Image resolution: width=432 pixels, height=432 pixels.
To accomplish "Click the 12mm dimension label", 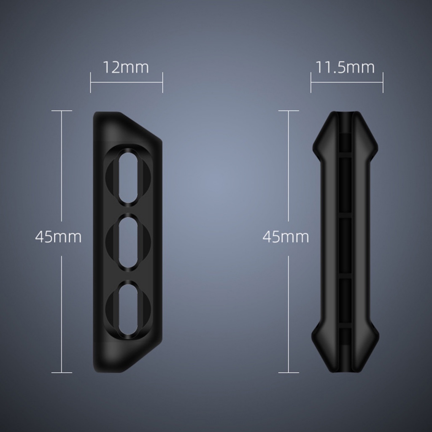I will (126, 67).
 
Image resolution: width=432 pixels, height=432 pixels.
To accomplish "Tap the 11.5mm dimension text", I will (346, 67).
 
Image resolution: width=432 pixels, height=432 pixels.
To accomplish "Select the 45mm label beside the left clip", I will (58, 237).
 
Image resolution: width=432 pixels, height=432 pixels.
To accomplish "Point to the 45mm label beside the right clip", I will (286, 237).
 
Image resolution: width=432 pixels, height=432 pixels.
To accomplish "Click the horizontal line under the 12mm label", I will (126, 82).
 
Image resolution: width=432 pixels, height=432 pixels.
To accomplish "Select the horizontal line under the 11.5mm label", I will (347, 82).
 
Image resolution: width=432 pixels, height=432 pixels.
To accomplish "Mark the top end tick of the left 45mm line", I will (62, 111).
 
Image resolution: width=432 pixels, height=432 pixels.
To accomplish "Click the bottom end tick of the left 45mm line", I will (62, 373).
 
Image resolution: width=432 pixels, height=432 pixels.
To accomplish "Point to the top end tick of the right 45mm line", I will (289, 111).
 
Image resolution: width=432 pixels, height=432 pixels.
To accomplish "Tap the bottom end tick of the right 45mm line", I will (289, 373).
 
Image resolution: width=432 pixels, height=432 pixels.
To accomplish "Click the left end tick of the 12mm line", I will (91, 82).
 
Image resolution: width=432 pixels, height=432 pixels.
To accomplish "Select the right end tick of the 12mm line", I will (162, 82).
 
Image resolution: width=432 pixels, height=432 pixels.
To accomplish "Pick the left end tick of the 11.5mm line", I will (311, 82).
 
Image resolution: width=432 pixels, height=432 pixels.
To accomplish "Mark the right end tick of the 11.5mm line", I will (383, 82).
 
